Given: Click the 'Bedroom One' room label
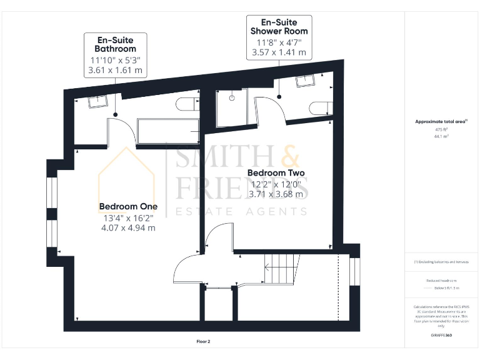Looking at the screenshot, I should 128,206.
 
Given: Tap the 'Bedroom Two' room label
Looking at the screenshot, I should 276,172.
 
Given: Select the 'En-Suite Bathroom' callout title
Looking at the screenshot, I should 115,44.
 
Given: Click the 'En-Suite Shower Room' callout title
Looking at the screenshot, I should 279,26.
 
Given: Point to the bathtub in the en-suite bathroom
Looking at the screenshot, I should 168,131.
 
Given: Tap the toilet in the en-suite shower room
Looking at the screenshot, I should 319,108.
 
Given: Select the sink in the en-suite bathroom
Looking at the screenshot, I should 99,101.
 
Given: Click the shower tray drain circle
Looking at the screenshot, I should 231,97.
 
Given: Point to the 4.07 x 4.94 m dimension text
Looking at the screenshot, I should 128,228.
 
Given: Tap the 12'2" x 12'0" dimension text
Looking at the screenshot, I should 276,184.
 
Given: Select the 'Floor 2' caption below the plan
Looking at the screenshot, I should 203,342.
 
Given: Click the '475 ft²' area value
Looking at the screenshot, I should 441,129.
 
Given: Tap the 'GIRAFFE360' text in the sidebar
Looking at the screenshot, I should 441,336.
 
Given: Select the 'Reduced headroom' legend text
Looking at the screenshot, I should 441,281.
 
